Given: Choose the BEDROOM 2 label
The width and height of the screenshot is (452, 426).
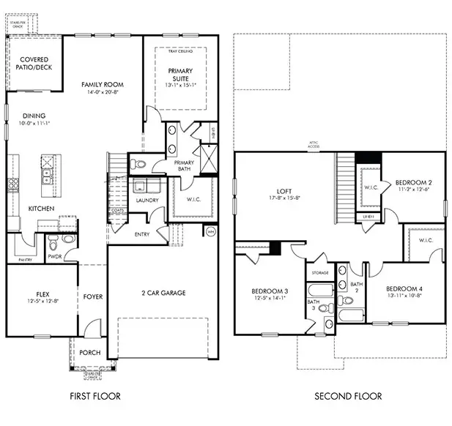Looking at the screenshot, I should click(x=413, y=182).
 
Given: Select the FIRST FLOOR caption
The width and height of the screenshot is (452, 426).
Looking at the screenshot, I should click(x=95, y=396).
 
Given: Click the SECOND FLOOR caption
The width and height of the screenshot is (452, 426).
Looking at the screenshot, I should click(x=348, y=396).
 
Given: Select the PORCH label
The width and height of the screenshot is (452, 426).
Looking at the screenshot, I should click(x=89, y=352).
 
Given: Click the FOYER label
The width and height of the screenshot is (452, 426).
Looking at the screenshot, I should click(x=92, y=296).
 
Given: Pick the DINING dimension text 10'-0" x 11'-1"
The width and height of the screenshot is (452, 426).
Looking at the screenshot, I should click(x=34, y=123).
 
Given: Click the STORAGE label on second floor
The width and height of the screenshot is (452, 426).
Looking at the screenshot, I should click(x=321, y=272).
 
